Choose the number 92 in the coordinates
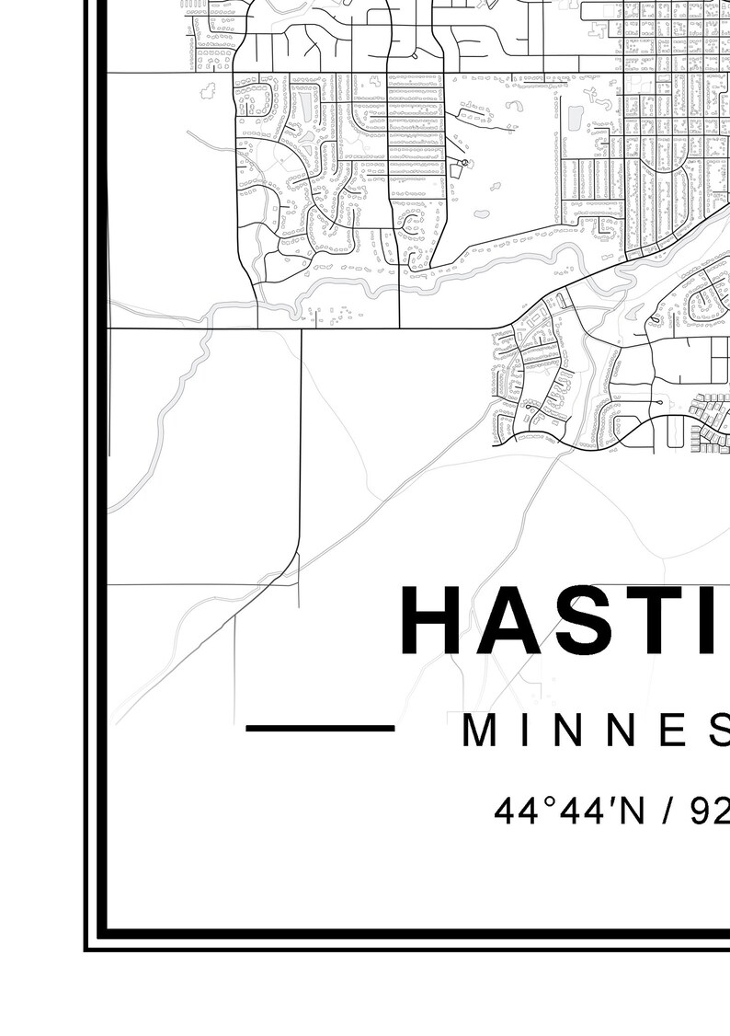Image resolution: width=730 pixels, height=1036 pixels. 709,811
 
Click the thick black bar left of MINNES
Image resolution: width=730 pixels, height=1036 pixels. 320,729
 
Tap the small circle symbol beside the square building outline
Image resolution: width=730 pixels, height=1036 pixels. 465,163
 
